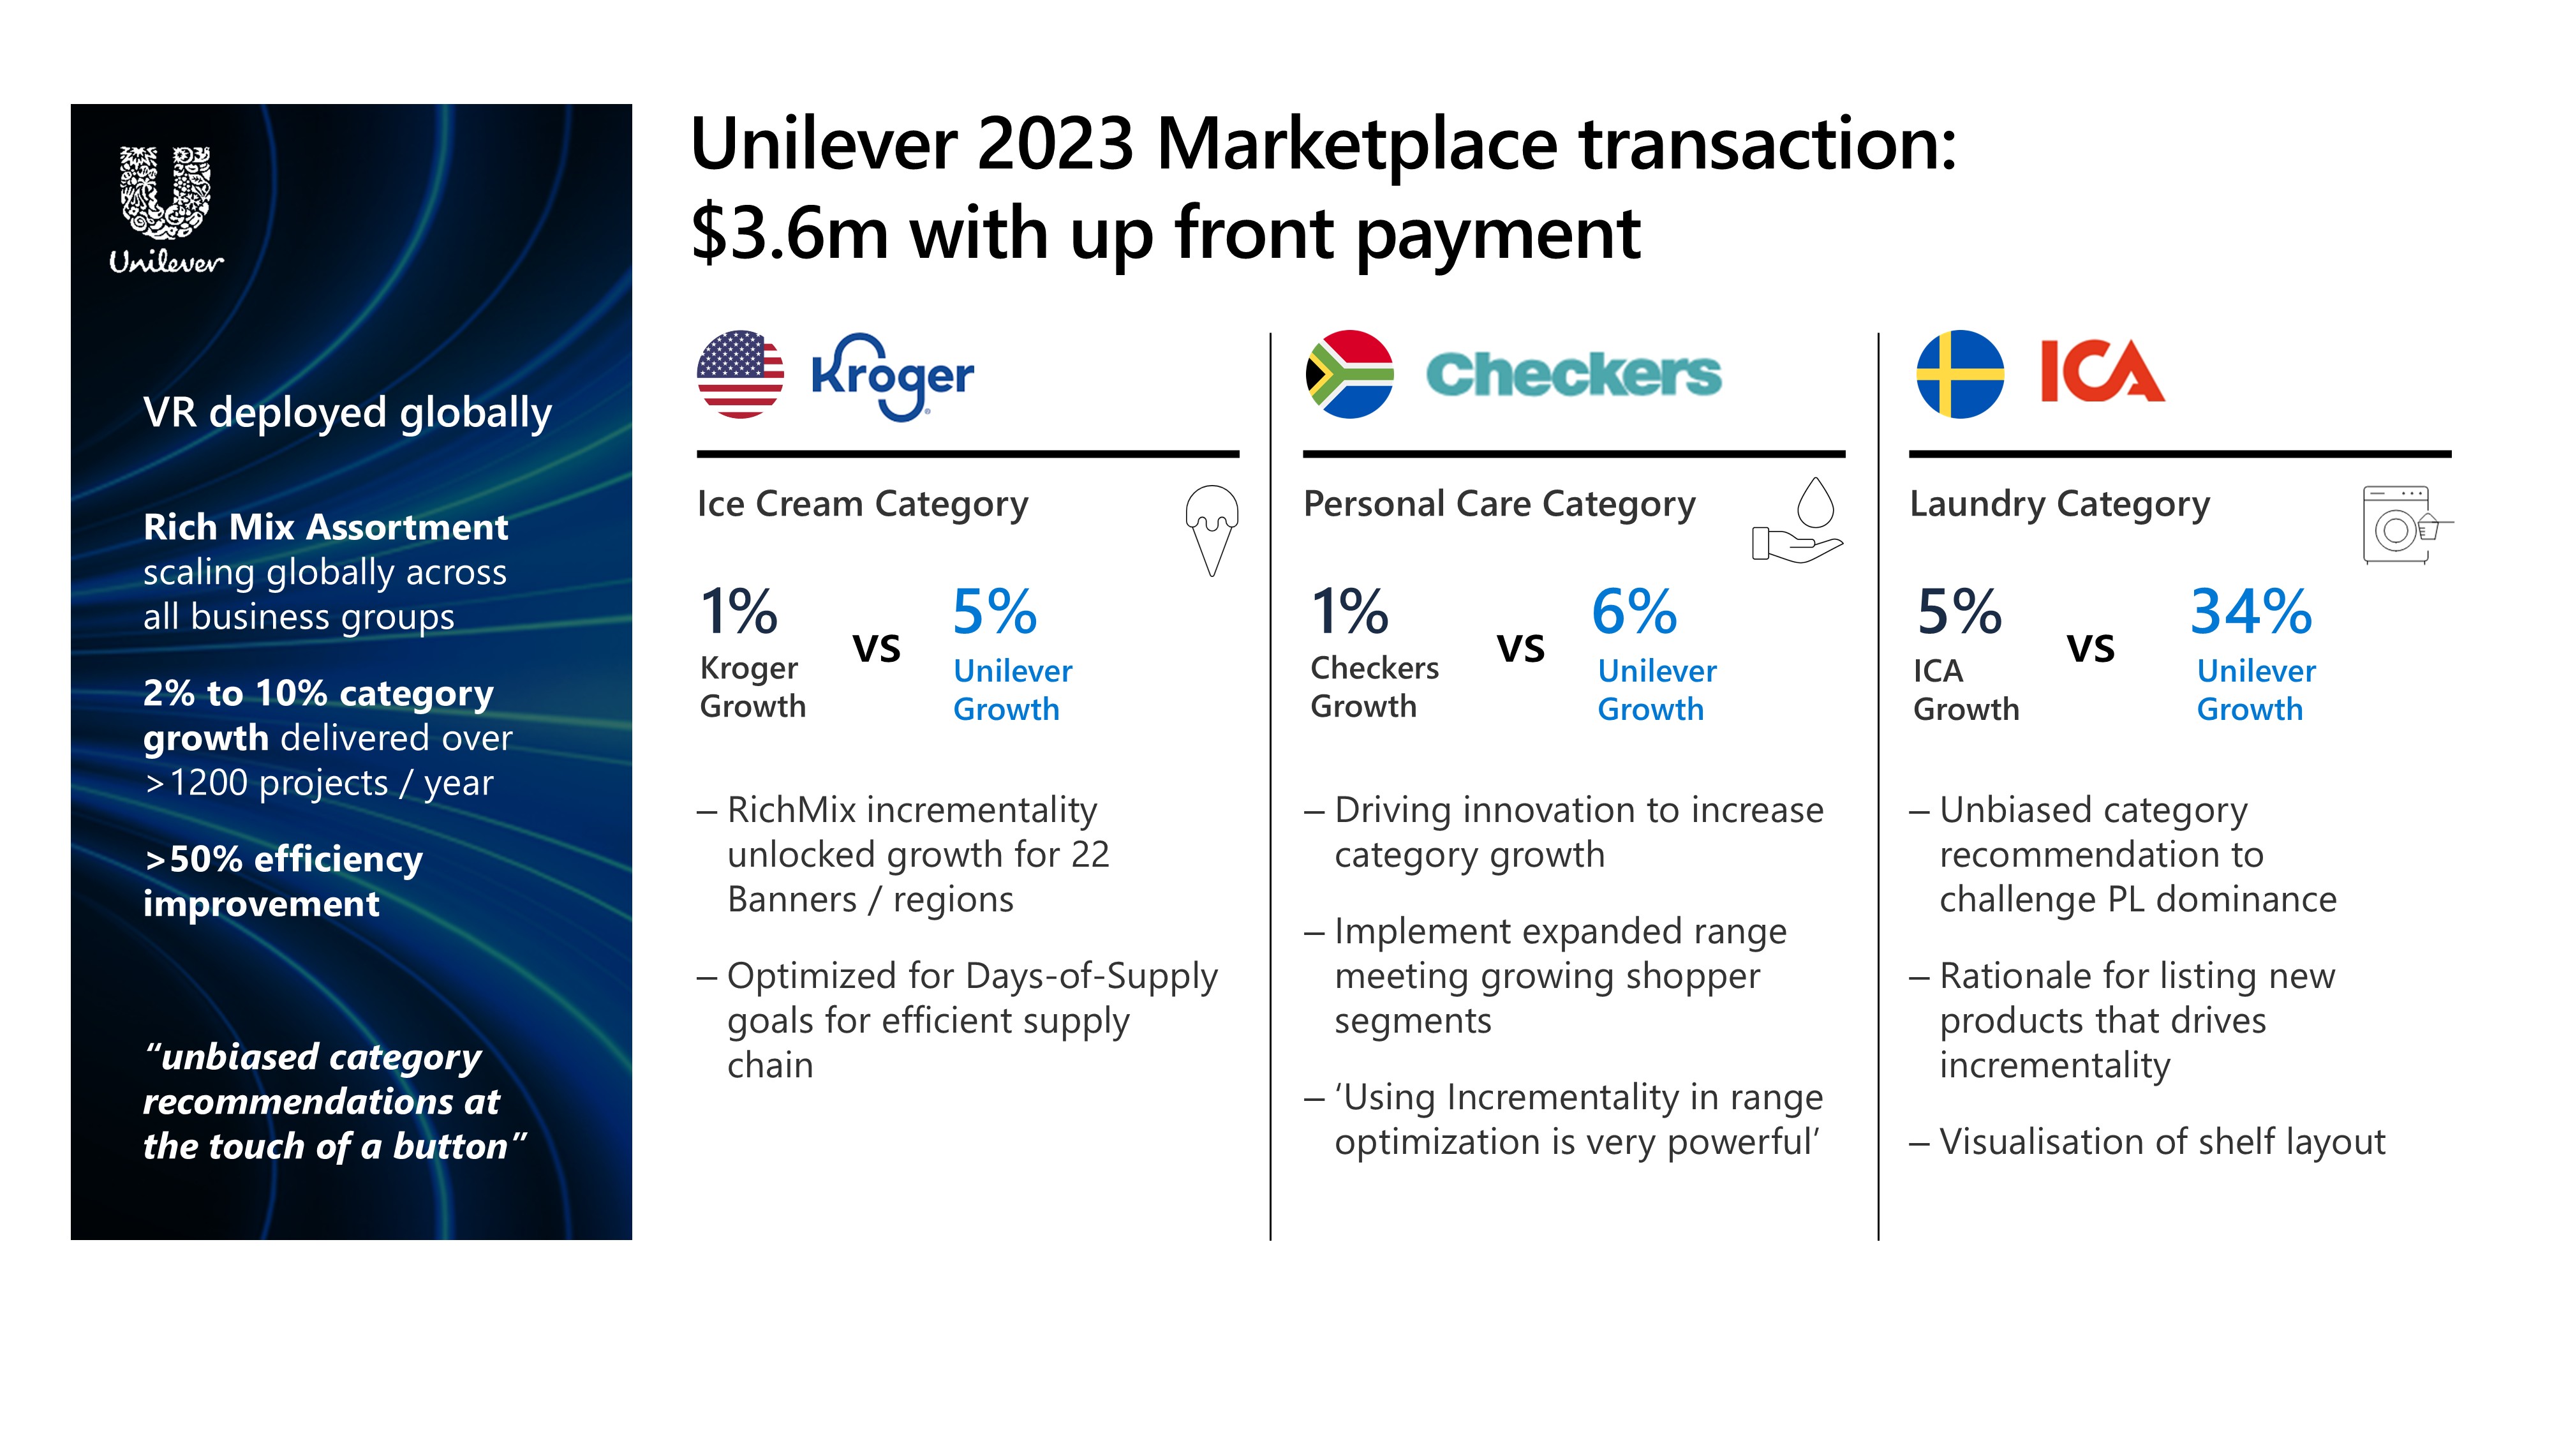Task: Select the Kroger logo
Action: pos(893,377)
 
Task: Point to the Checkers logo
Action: pos(1573,375)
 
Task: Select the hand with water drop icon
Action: pos(1797,521)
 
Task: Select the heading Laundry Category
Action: pos(2059,504)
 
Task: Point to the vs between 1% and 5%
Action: pos(877,648)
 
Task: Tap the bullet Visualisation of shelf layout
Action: pos(2148,1142)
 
